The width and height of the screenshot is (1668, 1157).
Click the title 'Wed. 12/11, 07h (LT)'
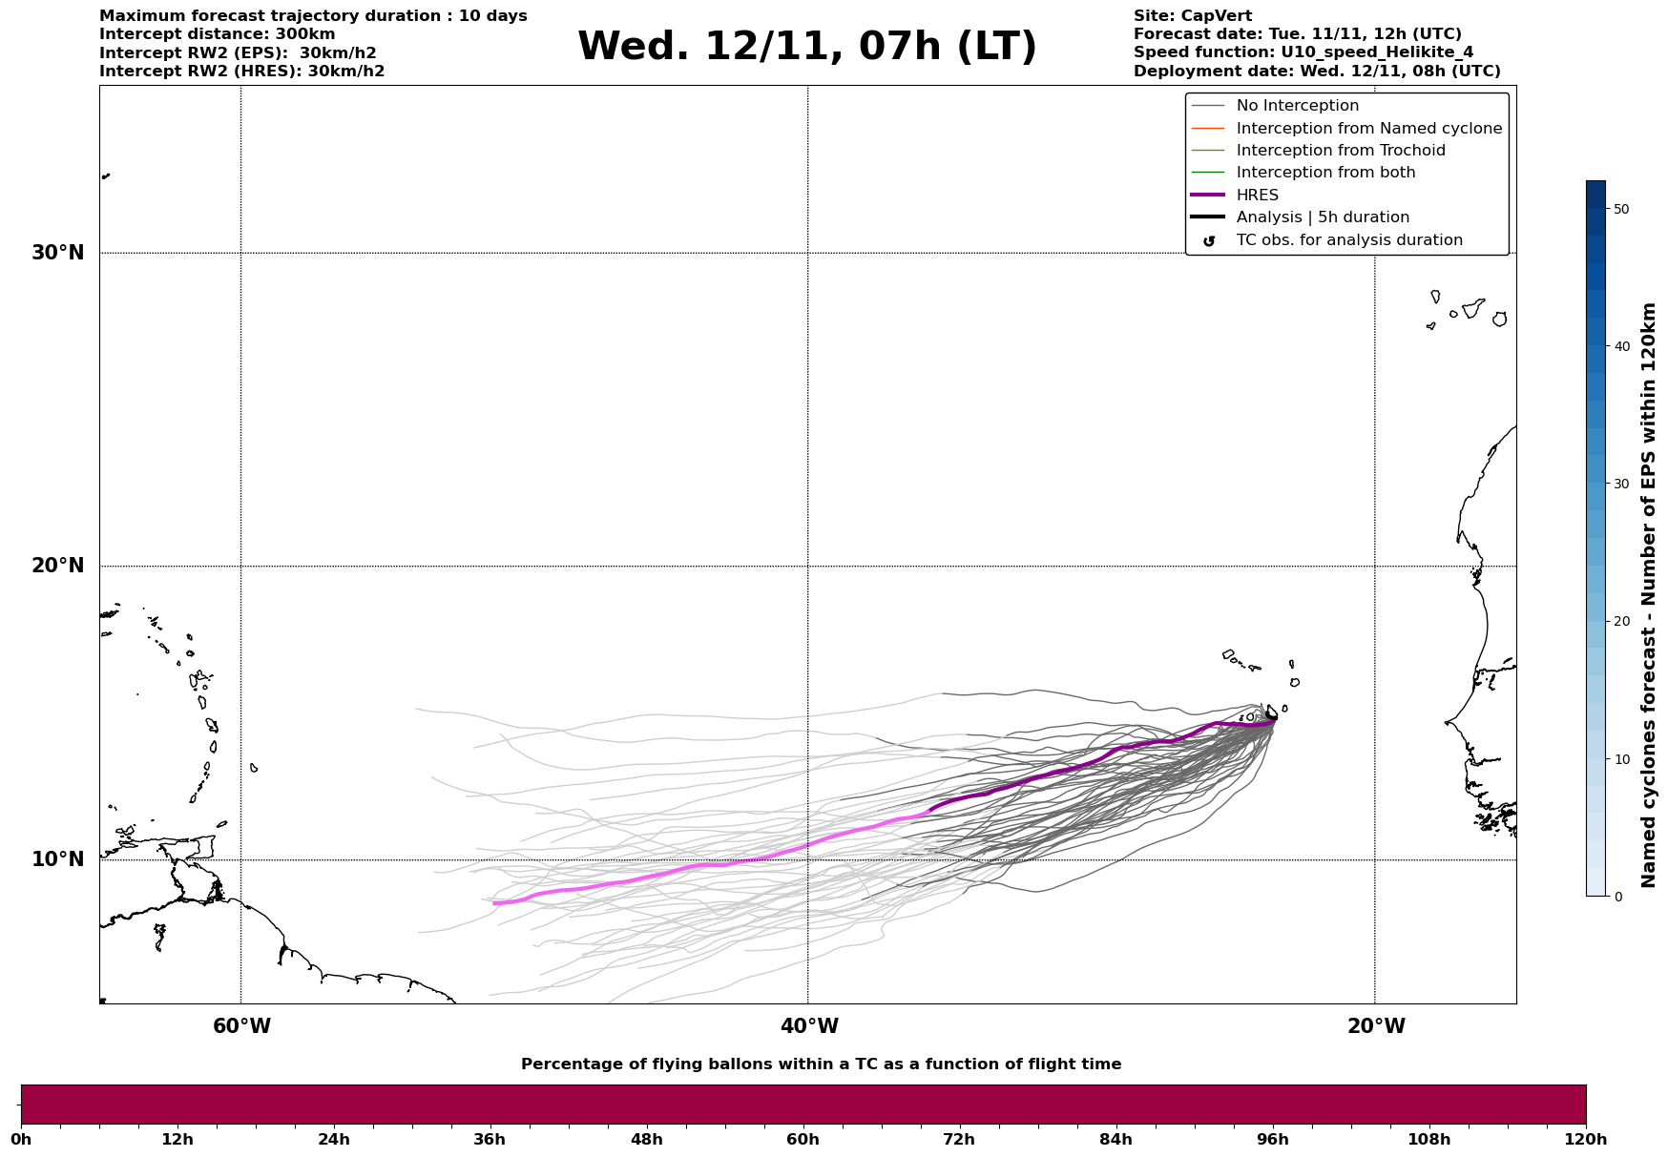point(806,47)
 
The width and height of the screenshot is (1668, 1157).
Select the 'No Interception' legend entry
point(1297,106)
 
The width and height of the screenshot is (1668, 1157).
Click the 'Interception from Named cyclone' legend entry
point(1368,129)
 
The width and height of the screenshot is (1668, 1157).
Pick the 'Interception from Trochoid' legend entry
point(1340,151)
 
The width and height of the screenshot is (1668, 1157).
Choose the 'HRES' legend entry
point(1257,196)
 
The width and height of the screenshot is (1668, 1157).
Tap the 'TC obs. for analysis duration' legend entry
point(1348,240)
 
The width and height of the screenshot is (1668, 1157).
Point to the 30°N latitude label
point(57,253)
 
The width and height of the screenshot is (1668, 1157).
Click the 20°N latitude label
point(57,566)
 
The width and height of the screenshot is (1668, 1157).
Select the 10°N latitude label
point(57,859)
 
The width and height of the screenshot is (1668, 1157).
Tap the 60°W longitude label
point(241,1026)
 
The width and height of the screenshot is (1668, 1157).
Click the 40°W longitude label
point(809,1026)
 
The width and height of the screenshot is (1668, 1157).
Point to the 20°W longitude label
point(1376,1026)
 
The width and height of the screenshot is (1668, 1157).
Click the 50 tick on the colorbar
point(1620,209)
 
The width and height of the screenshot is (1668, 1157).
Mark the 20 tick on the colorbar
point(1620,622)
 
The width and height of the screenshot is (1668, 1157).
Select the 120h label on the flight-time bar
point(1585,1139)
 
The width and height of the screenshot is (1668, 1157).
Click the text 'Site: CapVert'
point(1192,16)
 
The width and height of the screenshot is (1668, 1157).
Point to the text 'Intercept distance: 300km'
point(217,34)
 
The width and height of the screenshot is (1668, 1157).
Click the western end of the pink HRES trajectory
point(494,902)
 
